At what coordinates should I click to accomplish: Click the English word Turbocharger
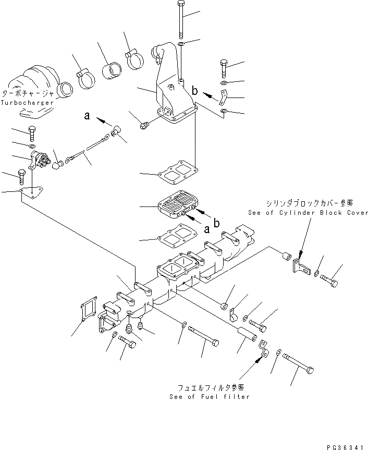(27, 103)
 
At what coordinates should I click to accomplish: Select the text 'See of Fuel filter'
(210, 397)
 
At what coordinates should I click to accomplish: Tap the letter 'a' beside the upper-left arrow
(87, 118)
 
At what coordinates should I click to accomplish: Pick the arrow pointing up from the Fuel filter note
(259, 363)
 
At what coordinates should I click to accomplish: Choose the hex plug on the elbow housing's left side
(146, 125)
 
